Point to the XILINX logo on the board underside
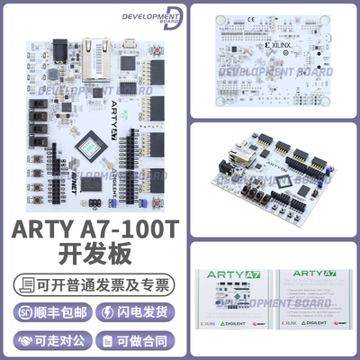277,43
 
